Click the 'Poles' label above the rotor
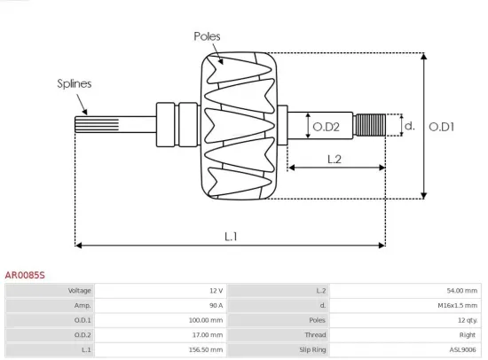pos(207,36)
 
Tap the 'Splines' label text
pos(75,83)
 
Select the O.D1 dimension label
pos(441,127)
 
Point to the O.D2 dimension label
pos(327,127)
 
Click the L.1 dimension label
pos(231,236)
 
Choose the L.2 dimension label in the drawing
pos(335,160)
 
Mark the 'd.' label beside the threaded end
pos(409,126)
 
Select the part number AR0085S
pos(25,276)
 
